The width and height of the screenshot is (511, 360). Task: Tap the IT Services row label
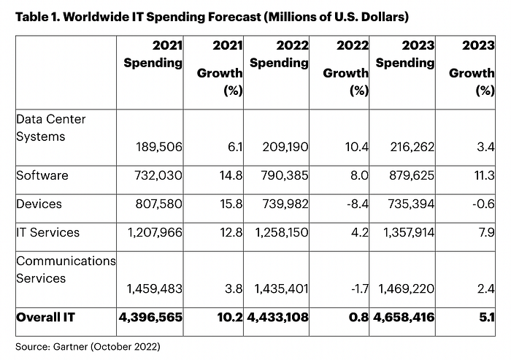47,232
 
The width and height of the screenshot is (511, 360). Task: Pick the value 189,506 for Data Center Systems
159,148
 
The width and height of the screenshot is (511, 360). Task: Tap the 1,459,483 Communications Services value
154,288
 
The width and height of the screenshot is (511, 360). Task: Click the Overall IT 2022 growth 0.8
358,317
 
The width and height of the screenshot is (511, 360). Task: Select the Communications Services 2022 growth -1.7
356,288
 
